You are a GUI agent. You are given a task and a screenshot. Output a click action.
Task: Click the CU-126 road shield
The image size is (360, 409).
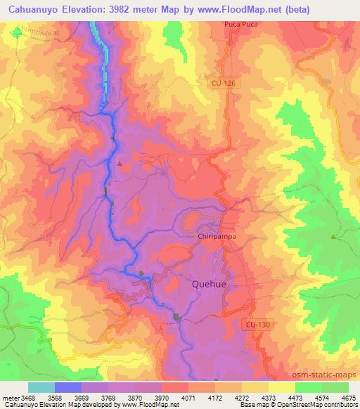pos(221,83)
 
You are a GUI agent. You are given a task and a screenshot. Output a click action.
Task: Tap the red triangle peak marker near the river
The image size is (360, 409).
pos(120,164)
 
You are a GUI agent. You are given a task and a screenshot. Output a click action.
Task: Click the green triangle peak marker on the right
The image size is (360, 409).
pos(333,237)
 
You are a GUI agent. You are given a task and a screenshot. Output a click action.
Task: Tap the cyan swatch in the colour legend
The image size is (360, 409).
pos(41,387)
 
